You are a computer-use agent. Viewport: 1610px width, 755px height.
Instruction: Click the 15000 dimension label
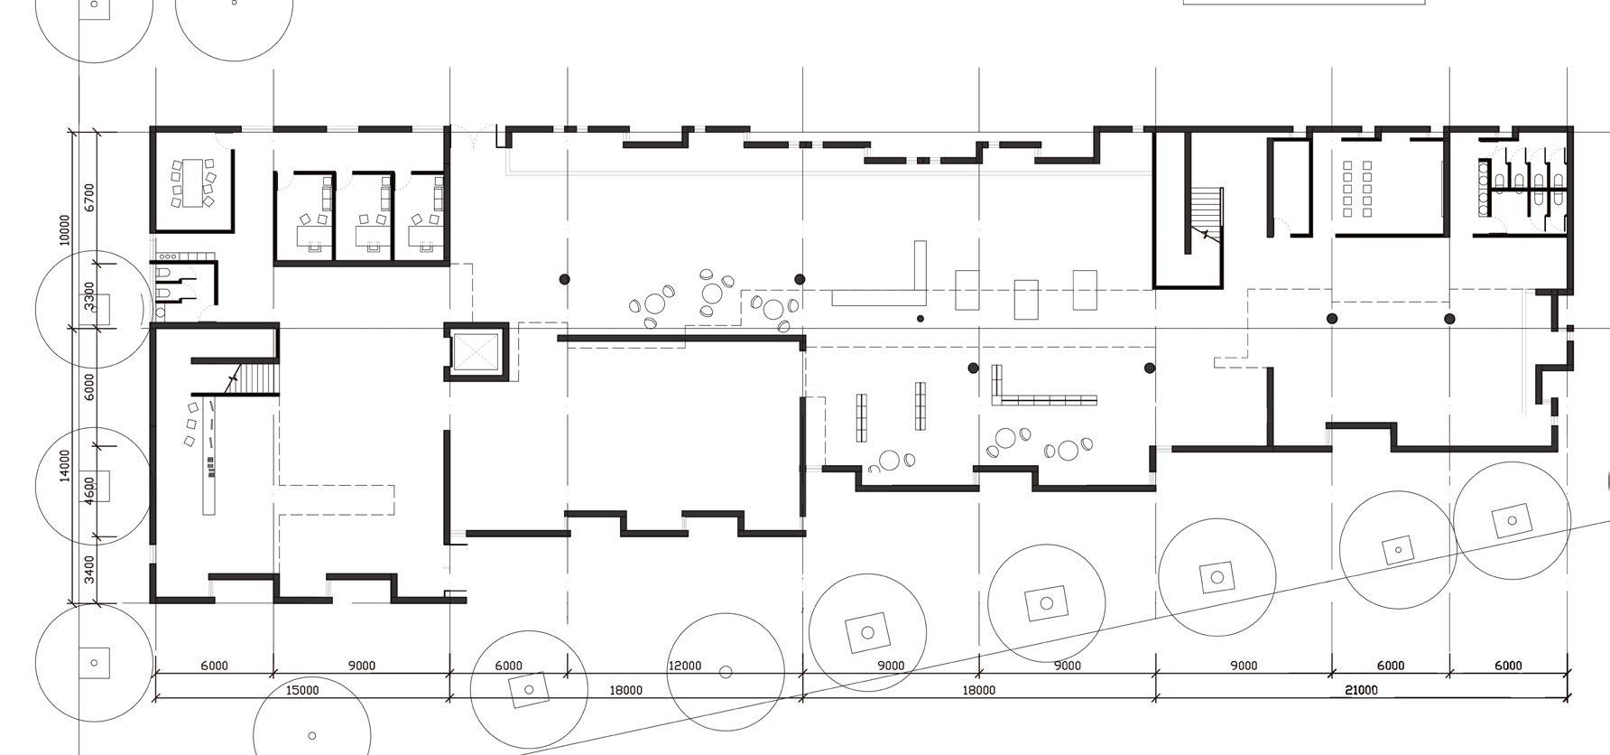coord(302,690)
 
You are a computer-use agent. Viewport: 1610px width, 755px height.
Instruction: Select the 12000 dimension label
coord(684,666)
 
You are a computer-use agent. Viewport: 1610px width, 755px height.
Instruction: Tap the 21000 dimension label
coord(1361,690)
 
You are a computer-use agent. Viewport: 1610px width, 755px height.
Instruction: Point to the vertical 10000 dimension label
coord(64,229)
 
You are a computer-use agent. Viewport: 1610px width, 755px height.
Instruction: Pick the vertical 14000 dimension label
coord(64,465)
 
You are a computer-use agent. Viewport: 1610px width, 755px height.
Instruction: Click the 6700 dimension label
coord(88,197)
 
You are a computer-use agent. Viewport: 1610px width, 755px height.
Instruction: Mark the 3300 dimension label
coord(88,295)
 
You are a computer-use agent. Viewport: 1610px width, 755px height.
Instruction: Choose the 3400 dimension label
coord(88,569)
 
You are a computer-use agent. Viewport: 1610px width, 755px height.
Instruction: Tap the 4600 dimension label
coord(88,491)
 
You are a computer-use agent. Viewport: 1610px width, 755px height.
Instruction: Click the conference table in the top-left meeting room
coord(193,182)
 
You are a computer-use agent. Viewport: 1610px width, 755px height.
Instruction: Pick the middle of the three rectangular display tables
coord(1026,300)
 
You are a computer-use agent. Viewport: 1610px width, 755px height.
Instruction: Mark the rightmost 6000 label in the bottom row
coord(1508,666)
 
